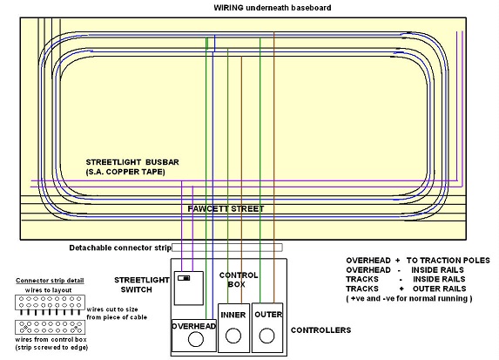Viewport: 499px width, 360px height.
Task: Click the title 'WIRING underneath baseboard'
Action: (x=273, y=8)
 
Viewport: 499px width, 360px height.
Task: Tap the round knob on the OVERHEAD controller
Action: (x=196, y=339)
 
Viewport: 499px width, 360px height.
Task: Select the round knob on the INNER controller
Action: (x=233, y=336)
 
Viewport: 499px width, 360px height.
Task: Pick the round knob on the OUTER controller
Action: (x=266, y=336)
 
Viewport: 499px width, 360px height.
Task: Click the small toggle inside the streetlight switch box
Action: (x=184, y=278)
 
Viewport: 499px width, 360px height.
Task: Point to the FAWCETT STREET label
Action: (x=226, y=209)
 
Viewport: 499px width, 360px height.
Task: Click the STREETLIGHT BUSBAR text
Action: (x=132, y=162)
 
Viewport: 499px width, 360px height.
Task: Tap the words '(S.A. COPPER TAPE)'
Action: (x=125, y=172)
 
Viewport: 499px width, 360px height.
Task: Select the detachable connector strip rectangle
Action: (x=227, y=248)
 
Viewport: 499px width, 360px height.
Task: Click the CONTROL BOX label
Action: (x=239, y=280)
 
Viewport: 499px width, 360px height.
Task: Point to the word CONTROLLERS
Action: (x=320, y=330)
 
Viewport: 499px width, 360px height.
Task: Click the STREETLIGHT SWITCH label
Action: (x=142, y=285)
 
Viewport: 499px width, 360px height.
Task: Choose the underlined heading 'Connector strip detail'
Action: (x=50, y=281)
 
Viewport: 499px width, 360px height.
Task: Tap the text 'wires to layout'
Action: (x=49, y=290)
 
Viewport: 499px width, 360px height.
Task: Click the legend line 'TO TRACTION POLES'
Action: (x=448, y=261)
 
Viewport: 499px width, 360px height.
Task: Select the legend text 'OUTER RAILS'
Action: (x=439, y=289)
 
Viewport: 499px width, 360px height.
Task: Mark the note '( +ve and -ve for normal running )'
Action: (x=409, y=298)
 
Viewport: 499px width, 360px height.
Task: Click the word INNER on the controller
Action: (x=233, y=315)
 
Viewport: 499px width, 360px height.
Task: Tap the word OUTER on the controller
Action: (x=268, y=315)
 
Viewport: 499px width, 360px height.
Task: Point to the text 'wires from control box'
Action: (x=51, y=340)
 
